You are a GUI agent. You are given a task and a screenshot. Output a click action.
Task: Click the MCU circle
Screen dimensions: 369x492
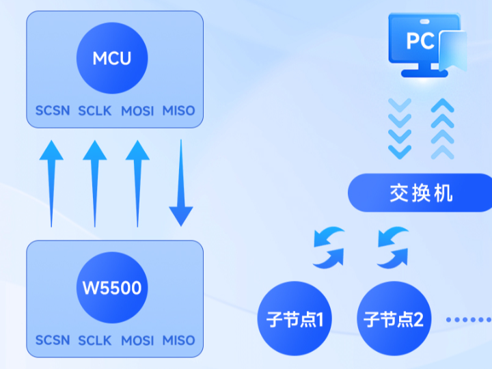point(112,57)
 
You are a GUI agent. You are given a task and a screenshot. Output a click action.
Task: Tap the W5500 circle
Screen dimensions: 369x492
point(112,287)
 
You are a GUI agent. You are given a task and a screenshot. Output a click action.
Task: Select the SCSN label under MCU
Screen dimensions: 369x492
point(53,111)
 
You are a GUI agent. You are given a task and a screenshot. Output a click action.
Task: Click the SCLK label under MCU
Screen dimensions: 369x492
point(95,111)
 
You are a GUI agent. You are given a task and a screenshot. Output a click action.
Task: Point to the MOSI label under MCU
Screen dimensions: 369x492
point(137,111)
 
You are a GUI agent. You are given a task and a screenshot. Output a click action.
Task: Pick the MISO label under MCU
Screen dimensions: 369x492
point(179,111)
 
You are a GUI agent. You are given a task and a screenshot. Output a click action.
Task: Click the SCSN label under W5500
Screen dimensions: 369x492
point(53,340)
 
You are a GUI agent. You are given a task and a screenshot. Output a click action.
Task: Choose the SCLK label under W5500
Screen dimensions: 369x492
point(95,340)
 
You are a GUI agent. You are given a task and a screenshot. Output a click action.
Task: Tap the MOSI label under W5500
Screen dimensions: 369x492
point(137,340)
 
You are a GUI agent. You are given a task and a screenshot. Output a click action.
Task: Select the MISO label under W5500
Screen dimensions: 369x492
point(179,340)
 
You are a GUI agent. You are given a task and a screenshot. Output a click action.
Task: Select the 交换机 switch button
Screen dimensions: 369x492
point(420,193)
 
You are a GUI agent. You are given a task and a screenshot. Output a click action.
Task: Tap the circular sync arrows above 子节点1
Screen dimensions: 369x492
point(329,247)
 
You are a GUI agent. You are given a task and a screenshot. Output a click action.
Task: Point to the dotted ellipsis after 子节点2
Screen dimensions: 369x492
point(468,319)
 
